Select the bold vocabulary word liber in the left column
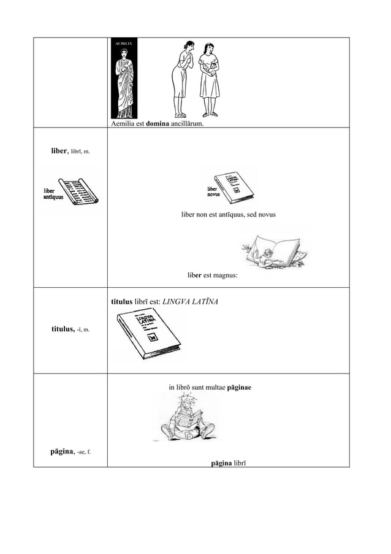(x=59, y=150)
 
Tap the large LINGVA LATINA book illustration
(x=146, y=336)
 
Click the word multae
(x=214, y=387)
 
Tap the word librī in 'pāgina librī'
(x=240, y=461)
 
